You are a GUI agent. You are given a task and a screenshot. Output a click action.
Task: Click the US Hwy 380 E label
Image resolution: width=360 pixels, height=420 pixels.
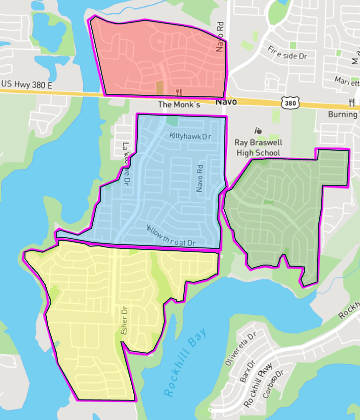(x=26, y=84)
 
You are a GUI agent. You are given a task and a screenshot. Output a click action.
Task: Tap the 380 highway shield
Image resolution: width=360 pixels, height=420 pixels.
(x=290, y=103)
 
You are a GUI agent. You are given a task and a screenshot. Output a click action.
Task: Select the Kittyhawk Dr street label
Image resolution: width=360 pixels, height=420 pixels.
(x=190, y=136)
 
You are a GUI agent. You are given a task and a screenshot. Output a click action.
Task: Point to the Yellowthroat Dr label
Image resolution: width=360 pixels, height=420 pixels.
(x=171, y=236)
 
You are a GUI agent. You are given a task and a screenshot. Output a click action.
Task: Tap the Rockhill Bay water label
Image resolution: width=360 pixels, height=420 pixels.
(x=185, y=362)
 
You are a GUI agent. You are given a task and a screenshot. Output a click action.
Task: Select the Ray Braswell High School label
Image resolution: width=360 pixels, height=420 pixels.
(x=258, y=148)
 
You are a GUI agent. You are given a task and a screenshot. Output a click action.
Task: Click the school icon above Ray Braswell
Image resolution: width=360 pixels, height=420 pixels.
(x=258, y=131)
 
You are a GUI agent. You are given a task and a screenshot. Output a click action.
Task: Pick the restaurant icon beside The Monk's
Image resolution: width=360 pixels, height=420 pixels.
(x=179, y=92)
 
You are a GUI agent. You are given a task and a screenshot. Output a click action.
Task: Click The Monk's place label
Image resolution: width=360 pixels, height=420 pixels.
(x=179, y=105)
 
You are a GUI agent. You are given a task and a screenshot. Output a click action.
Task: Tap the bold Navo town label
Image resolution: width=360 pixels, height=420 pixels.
(x=226, y=102)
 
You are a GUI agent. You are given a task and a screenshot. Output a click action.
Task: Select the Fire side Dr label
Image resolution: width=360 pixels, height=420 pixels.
(x=287, y=53)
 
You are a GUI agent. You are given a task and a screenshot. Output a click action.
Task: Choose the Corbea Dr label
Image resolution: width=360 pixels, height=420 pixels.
(x=273, y=384)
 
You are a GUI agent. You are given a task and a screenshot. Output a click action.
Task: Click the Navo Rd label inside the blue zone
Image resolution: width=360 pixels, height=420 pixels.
(x=200, y=179)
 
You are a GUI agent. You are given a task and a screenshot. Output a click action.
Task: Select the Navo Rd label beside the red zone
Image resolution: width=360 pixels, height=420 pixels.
(x=220, y=37)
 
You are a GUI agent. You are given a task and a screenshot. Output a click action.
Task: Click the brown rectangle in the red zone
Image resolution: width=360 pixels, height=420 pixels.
(x=159, y=87)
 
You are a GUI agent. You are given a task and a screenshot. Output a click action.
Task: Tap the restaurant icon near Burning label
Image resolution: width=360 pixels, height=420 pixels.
(x=351, y=102)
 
